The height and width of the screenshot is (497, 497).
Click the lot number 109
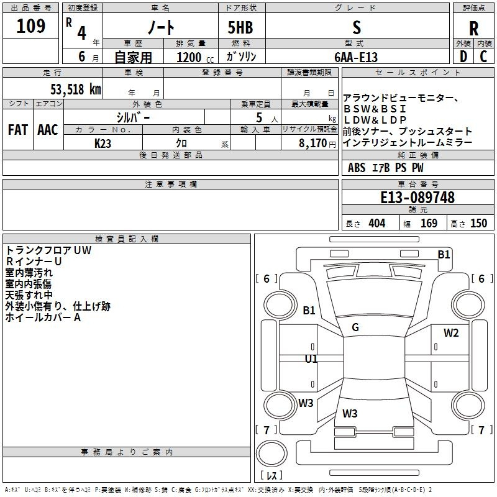pos(30,26)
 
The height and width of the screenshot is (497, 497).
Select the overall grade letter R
pos(473,29)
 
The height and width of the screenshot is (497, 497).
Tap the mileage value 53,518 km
pos(76,89)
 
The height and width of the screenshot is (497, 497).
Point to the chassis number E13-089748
pos(417,198)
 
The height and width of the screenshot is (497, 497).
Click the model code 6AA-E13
pos(356,57)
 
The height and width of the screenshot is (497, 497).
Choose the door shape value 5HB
pos(240,27)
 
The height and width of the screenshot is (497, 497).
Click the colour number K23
pos(103,144)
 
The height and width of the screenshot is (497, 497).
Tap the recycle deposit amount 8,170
pos(312,143)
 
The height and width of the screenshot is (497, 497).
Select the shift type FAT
pos(18,130)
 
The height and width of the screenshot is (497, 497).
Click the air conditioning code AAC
pos(48,130)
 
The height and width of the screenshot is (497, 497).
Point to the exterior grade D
pos(463,57)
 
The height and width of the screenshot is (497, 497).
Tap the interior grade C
pos(483,57)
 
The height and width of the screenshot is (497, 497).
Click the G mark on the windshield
pos(355,327)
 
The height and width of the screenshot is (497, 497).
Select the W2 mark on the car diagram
pos(451,333)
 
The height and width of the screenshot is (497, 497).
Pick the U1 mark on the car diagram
pos(311,359)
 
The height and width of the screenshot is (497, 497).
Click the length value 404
pos(377,223)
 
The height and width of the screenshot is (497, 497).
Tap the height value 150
pos(478,223)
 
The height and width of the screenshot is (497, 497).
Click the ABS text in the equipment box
pos(357,168)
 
